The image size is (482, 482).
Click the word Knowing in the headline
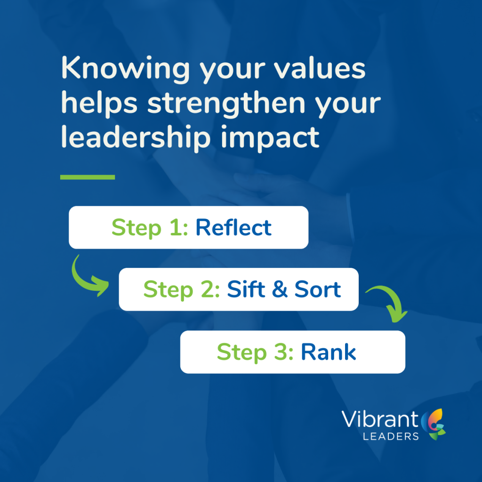pyautogui.click(x=125, y=69)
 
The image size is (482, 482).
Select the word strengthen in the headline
pyautogui.click(x=226, y=104)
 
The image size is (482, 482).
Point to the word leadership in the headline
pyautogui.click(x=136, y=138)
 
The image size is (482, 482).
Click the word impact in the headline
pyautogui.click(x=270, y=138)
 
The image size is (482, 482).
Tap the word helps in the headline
pyautogui.click(x=99, y=104)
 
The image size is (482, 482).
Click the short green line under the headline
pyautogui.click(x=88, y=177)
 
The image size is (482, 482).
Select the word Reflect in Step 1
pyautogui.click(x=233, y=227)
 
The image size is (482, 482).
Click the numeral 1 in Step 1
pyautogui.click(x=175, y=227)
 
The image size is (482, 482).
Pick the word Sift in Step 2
pyautogui.click(x=246, y=289)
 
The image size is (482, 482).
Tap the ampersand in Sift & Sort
pyautogui.click(x=280, y=289)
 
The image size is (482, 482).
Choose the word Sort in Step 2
pyautogui.click(x=318, y=289)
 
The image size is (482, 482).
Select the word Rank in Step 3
pyautogui.click(x=328, y=352)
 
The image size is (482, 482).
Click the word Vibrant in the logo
pyautogui.click(x=380, y=419)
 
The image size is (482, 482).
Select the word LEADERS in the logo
pyautogui.click(x=391, y=436)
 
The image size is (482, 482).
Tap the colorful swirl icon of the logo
pyautogui.click(x=433, y=424)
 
